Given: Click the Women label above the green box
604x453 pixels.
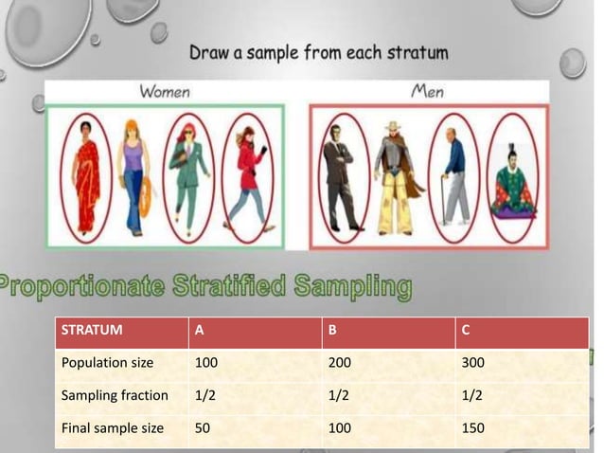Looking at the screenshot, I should [165, 92].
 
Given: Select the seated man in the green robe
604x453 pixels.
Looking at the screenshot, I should [512, 180].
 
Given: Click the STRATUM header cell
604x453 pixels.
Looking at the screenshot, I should [91, 332].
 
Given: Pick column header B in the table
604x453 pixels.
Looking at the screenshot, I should [332, 332].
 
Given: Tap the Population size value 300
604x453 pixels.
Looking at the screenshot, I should [473, 362].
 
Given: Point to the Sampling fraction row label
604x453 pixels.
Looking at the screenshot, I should [115, 395].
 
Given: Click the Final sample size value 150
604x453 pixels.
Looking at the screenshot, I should [473, 428].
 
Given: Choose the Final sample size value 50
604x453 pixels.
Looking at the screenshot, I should [203, 428].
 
